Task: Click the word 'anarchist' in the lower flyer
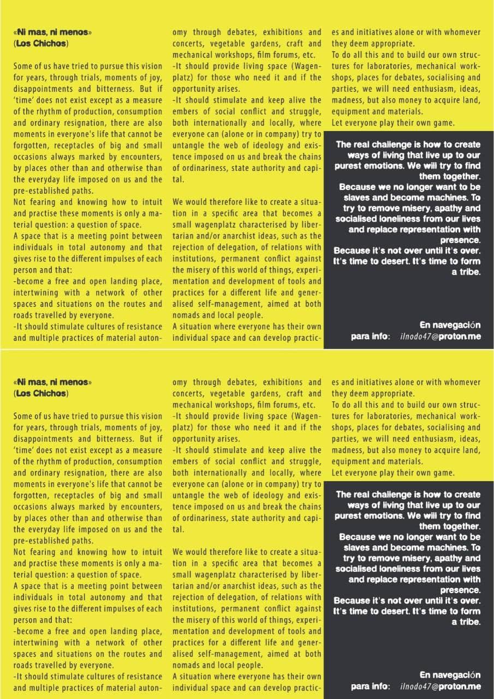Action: [x=240, y=585]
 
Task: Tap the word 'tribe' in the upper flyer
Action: [x=469, y=271]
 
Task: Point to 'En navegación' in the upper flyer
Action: [x=449, y=325]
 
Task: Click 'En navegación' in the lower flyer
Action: [x=449, y=675]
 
